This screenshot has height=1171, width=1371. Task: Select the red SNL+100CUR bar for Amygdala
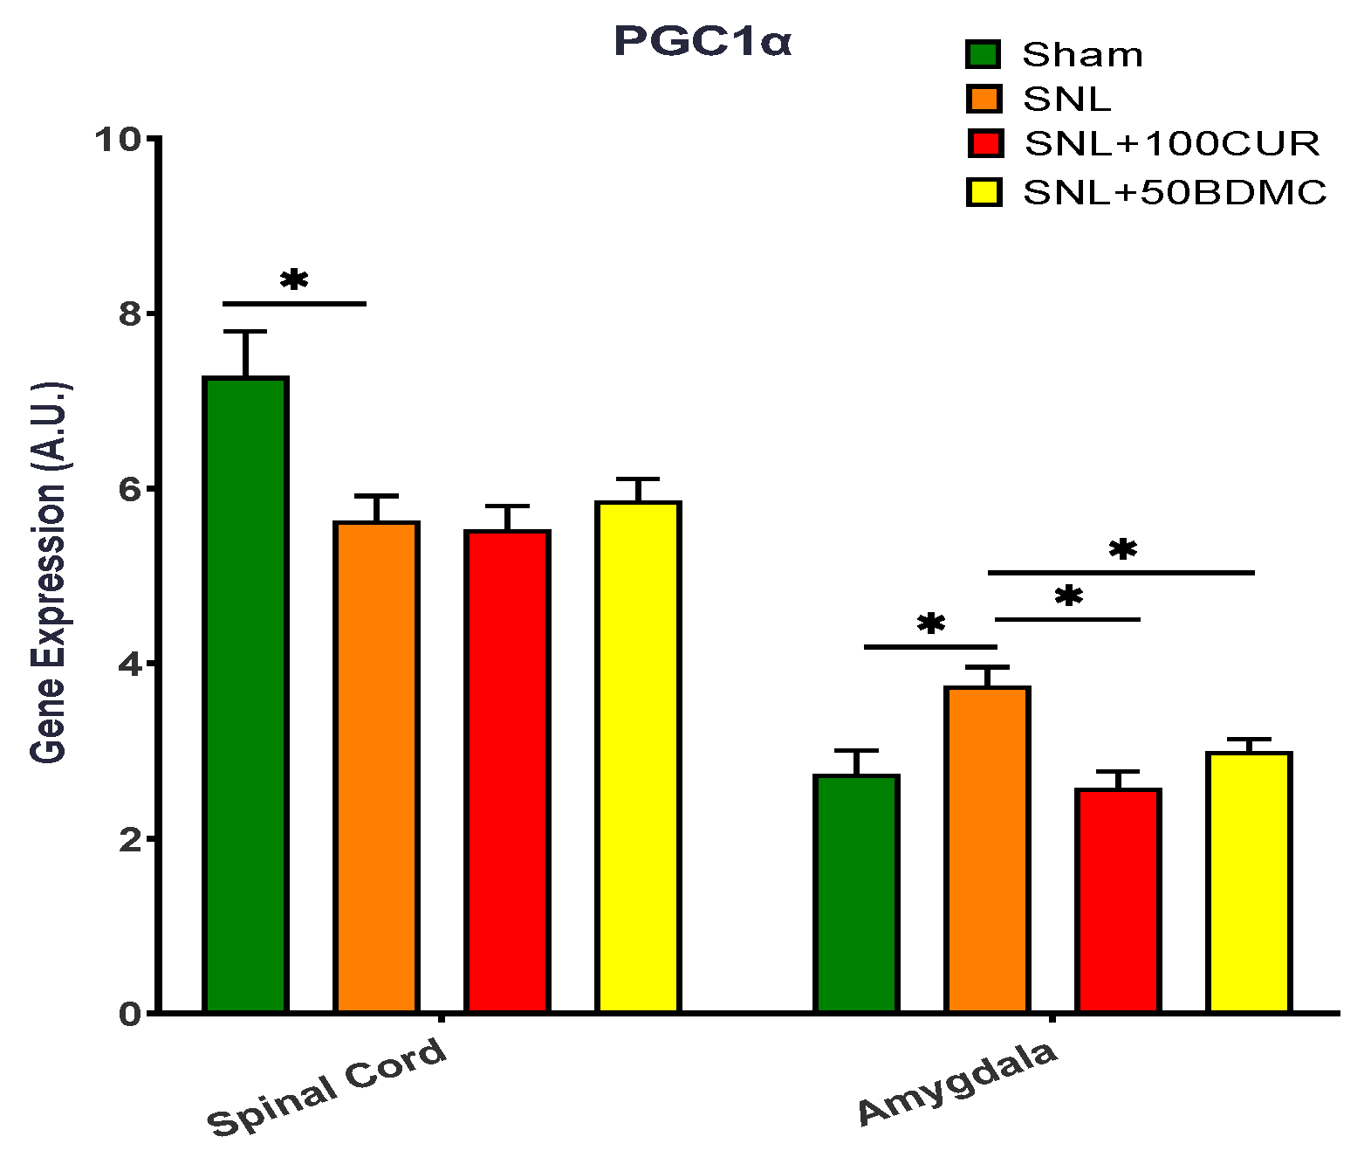pos(1118,900)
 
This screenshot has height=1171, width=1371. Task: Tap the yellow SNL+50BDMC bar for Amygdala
pos(1249,882)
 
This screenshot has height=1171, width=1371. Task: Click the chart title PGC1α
pos(703,42)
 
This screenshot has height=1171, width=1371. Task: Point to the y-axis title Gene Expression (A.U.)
pos(49,572)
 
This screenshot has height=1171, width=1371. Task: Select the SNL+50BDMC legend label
pos(1175,192)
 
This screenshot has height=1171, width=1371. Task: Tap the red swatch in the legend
pos(984,143)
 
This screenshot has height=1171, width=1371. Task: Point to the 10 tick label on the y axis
pos(119,139)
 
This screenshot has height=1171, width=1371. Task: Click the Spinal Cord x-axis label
pos(327,1086)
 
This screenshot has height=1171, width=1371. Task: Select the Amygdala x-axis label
pos(957,1082)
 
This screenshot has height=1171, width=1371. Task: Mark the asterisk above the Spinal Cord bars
pos(294,280)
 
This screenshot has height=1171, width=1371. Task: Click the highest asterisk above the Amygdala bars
pos(1122,549)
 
